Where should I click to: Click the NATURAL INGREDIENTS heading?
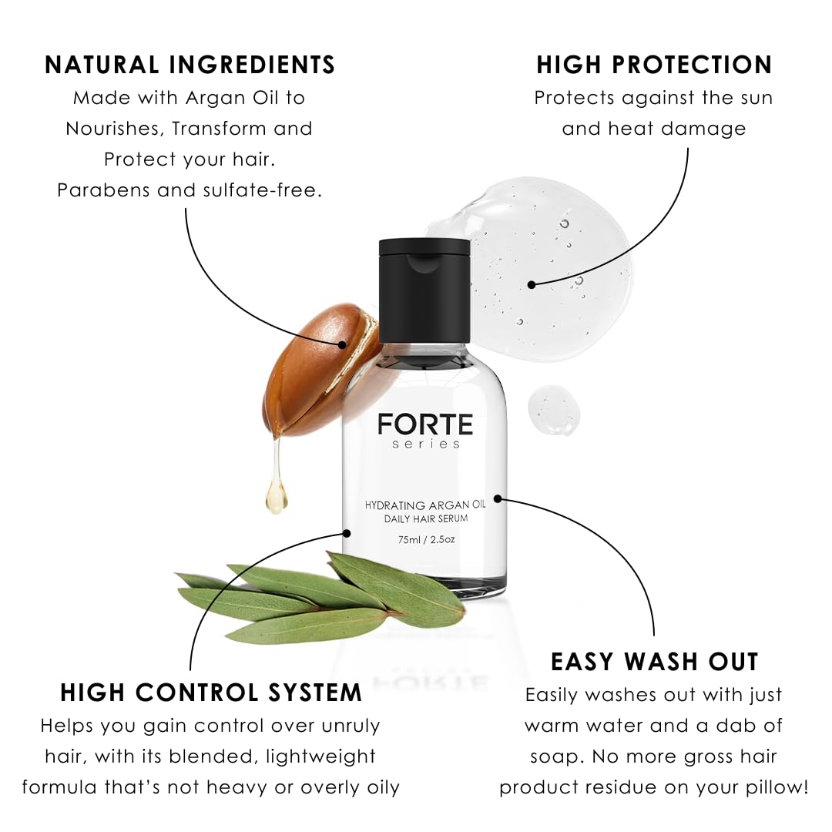click(190, 65)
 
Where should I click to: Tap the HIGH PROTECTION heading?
click(654, 65)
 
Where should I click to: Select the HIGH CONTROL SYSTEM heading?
click(210, 693)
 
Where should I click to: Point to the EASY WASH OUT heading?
click(655, 662)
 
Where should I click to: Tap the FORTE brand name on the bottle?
click(424, 424)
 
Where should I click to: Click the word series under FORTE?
click(424, 445)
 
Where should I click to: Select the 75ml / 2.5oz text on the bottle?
click(426, 539)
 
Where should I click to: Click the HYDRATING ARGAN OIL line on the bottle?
click(425, 505)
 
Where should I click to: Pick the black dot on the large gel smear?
click(532, 284)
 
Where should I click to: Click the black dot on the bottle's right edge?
click(498, 498)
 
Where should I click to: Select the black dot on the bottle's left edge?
click(347, 532)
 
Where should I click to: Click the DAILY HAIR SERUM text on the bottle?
click(425, 519)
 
